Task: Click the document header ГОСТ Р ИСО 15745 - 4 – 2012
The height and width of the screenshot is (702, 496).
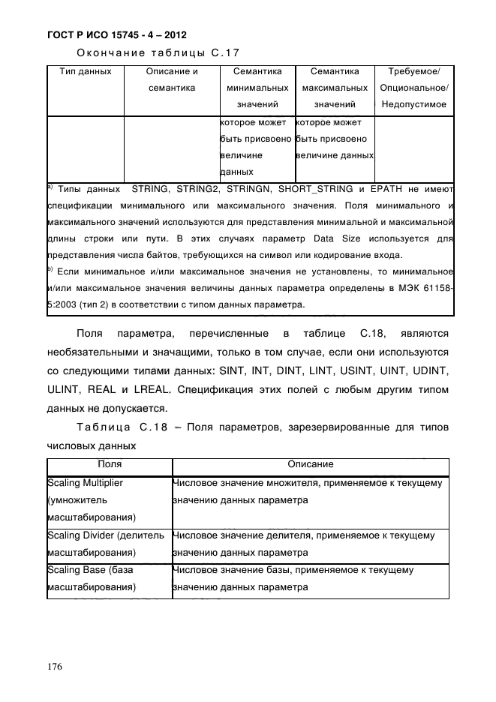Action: pos(116,35)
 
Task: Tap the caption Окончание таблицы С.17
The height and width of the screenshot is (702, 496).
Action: pos(158,53)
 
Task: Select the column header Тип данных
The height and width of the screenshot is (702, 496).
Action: pos(85,72)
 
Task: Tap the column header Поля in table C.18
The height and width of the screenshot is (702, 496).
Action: pos(110,465)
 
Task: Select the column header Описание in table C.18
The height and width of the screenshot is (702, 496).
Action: pos(311,465)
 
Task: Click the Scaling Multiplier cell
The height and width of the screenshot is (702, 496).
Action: pos(85,483)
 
